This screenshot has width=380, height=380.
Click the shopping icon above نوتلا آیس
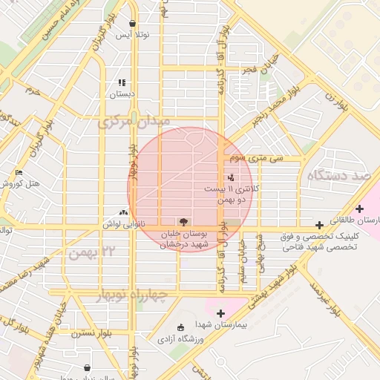pyautogui.click(x=132, y=23)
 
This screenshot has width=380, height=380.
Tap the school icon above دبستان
pyautogui.click(x=122, y=82)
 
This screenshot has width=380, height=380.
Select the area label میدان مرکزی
pyautogui.click(x=134, y=120)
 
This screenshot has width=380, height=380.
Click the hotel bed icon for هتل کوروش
pyautogui.click(x=19, y=173)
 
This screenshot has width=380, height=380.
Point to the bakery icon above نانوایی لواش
pyautogui.click(x=123, y=212)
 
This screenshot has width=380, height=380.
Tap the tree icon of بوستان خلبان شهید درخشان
pyautogui.click(x=182, y=221)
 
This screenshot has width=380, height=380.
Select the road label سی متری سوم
pyautogui.click(x=257, y=158)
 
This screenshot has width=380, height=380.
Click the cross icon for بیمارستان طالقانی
pyautogui.click(x=360, y=209)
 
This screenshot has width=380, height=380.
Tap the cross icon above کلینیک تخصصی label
pyautogui.click(x=319, y=225)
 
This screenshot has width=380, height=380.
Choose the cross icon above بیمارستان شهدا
pyautogui.click(x=220, y=314)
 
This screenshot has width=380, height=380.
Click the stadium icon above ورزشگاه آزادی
pyautogui.click(x=180, y=327)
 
